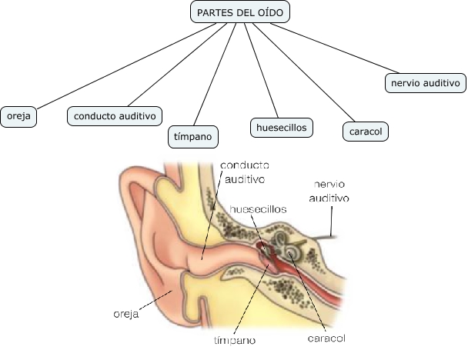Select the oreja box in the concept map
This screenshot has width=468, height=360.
point(18,116)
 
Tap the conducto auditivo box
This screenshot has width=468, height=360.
point(115,116)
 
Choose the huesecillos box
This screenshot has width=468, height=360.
point(282,127)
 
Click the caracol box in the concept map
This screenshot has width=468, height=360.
point(365,132)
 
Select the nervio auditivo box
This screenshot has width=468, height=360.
point(425,82)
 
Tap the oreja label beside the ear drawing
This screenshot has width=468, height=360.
point(124,314)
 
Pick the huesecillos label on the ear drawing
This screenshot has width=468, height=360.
point(258,208)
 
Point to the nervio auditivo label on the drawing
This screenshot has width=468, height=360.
point(329,191)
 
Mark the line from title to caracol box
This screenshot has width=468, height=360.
point(303,71)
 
